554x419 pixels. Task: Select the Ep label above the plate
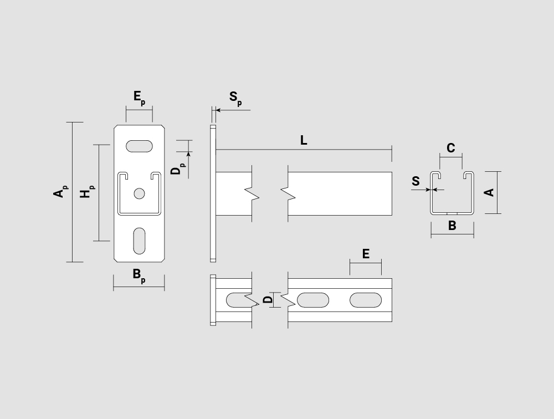tap(139, 98)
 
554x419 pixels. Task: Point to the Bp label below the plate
tap(139, 275)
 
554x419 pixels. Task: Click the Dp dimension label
tap(178, 169)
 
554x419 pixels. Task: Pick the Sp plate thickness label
tap(235, 98)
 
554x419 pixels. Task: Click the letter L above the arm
tap(304, 140)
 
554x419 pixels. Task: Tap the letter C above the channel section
tap(450, 148)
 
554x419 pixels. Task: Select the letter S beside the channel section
tap(416, 181)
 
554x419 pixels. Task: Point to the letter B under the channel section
tap(452, 226)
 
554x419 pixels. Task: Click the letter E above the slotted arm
tap(366, 254)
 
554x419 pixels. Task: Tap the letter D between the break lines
tap(269, 300)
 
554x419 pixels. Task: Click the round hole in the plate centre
tap(139, 193)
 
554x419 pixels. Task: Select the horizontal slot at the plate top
tap(139, 146)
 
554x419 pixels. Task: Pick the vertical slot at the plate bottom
tap(139, 241)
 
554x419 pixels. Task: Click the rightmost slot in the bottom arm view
tap(366, 300)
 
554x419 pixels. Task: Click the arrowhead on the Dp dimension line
tap(188, 154)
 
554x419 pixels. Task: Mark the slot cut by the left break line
tap(238, 300)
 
